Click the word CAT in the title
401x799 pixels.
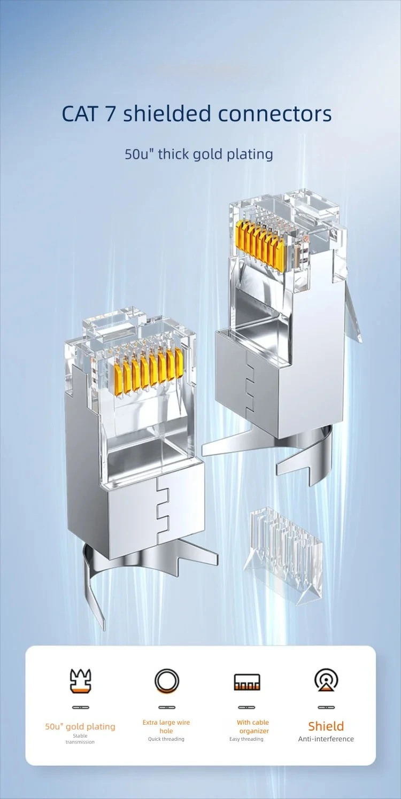(79, 113)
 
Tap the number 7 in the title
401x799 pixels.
(110, 114)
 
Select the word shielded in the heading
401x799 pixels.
(167, 113)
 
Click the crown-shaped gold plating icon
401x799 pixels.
(80, 681)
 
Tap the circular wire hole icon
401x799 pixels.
(167, 681)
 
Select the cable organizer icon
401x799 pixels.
(247, 681)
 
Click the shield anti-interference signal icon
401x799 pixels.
(326, 680)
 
